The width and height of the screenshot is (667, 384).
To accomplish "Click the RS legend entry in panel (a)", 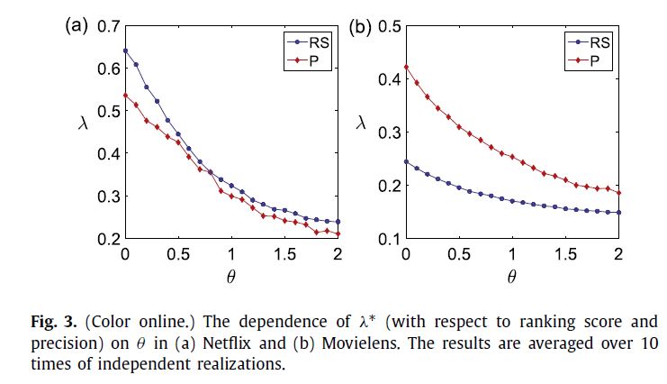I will click(x=309, y=41).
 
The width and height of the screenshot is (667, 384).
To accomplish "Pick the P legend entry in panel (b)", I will click(x=588, y=60).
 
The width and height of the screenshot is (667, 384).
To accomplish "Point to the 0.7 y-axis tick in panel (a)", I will click(x=108, y=26).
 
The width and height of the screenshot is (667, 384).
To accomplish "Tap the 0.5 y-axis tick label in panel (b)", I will click(x=388, y=26).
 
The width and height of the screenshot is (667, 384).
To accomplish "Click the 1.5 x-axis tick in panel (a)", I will click(x=285, y=253).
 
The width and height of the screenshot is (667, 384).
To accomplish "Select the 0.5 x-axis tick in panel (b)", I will click(x=458, y=253).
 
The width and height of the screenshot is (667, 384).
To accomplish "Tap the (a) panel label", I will click(x=76, y=24).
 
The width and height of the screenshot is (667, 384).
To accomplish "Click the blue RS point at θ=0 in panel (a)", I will click(x=125, y=50).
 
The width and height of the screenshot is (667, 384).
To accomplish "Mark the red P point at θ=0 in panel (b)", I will click(x=405, y=67).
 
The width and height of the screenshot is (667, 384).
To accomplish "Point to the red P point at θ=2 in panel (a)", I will click(x=338, y=234).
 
